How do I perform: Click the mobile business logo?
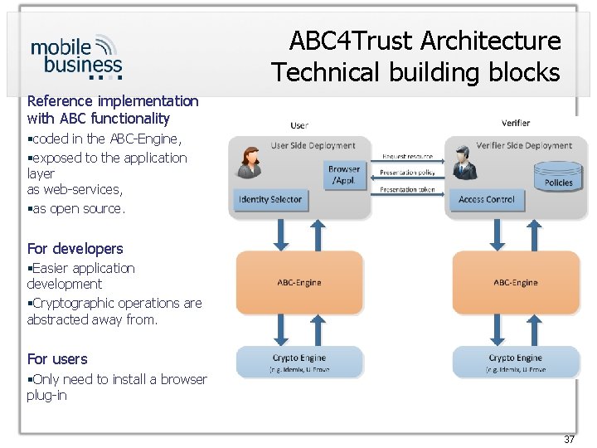coord(76,56)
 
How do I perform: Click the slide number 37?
coord(569,439)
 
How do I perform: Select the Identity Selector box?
coord(269,199)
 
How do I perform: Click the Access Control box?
coord(487,199)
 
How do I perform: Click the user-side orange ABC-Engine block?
coord(299,282)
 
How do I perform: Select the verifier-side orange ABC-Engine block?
coord(515,282)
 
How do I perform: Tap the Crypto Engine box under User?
coord(299,362)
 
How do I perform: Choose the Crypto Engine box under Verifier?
coord(515,362)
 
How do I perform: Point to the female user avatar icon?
coord(250,163)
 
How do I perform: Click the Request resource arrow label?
coord(407,156)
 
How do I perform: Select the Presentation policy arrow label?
coord(407,173)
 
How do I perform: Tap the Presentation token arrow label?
coord(407,189)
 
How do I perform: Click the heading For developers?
coord(75,249)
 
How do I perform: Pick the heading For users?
coord(57,359)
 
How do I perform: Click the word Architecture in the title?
coord(493,41)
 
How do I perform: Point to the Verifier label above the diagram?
coord(516,123)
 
